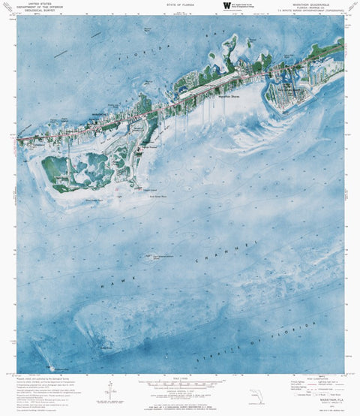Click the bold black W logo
pos(227,6)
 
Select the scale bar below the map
pos(180,384)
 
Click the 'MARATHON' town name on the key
pos(90,116)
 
